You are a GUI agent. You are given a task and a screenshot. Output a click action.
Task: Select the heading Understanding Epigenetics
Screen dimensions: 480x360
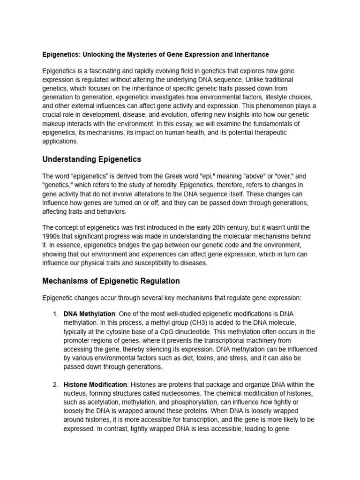coord(91,159)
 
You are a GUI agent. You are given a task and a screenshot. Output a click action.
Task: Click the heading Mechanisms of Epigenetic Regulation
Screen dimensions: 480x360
coord(111,281)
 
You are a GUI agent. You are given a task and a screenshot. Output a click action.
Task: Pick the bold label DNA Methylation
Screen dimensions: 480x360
coord(89,314)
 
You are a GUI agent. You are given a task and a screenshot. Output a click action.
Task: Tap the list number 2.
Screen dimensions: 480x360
coord(55,385)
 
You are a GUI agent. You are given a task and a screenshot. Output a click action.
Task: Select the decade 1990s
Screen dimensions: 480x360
coord(53,236)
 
